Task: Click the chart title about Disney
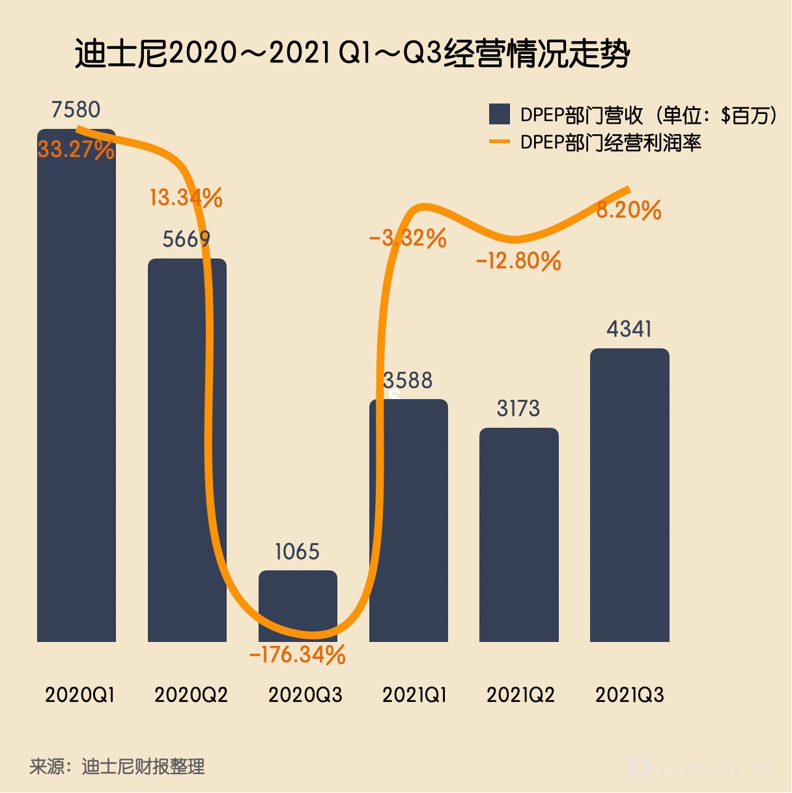click(352, 53)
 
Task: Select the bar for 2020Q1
click(76, 391)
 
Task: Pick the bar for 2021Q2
click(518, 534)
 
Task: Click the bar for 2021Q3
click(629, 495)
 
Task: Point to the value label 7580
click(76, 109)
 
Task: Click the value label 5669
click(186, 239)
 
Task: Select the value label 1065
click(298, 552)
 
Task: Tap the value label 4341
click(629, 329)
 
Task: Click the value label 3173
click(518, 408)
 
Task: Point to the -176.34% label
click(298, 654)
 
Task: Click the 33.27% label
click(76, 149)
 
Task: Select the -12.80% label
click(518, 261)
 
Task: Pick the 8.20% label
click(629, 210)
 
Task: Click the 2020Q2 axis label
click(191, 695)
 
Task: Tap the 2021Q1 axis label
click(414, 695)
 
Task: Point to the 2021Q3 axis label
click(629, 695)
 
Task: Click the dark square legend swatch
click(499, 115)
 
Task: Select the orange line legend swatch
click(499, 142)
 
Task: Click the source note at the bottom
click(117, 766)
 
